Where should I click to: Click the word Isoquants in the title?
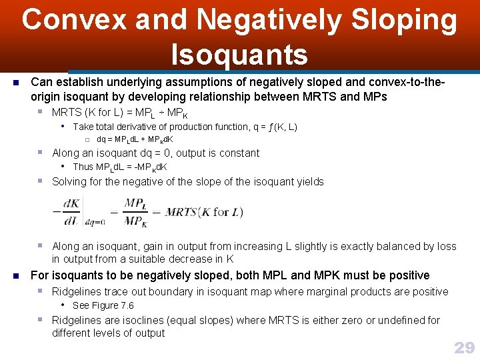239,54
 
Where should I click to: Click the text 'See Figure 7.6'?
103,305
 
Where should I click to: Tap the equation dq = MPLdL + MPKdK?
135,139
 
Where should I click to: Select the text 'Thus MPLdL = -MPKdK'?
120,167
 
